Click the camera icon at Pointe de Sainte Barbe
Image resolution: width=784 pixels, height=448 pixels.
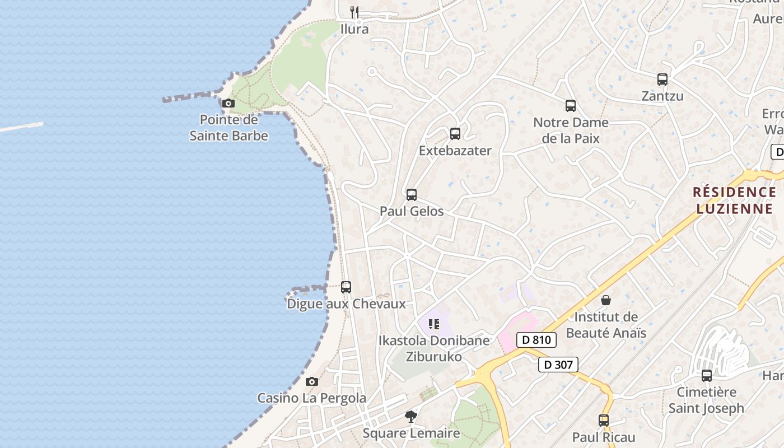tap(228, 103)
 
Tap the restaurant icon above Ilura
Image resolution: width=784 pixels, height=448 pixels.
tap(354, 12)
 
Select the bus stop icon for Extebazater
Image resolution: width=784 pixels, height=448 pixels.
tap(455, 134)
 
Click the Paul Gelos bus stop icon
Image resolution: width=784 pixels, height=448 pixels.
tap(412, 195)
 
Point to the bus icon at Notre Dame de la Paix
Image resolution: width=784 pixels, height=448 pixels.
tap(571, 106)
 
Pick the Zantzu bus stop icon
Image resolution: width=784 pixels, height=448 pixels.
tap(662, 80)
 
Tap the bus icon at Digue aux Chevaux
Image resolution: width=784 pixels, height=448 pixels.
tap(346, 287)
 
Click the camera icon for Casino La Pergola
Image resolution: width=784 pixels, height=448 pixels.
tap(312, 381)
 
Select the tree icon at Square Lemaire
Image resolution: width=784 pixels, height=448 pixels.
tap(411, 417)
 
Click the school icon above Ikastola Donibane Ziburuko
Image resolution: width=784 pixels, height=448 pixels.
tap(434, 324)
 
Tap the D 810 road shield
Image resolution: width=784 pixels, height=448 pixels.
tap(536, 339)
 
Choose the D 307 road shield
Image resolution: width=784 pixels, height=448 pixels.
tap(558, 365)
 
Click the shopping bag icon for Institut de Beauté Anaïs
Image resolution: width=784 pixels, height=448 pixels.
tap(606, 301)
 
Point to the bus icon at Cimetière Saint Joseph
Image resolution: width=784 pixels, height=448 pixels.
tap(707, 376)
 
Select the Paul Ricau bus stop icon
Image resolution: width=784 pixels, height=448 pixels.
tap(604, 421)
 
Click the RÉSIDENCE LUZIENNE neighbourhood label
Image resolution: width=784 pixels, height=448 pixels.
tap(734, 200)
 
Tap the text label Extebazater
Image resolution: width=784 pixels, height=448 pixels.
tap(455, 151)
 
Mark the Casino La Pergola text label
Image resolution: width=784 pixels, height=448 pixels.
tap(311, 398)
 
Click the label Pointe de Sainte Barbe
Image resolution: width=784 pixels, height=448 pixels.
tap(228, 128)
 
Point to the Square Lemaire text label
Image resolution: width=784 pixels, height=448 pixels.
tap(411, 433)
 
